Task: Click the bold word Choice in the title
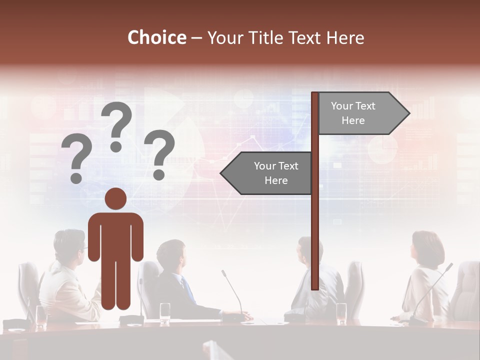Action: [156, 38]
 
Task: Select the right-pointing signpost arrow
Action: [362, 113]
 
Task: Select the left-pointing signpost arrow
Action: [267, 173]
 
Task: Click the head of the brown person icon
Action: [115, 199]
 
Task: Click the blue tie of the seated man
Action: [188, 289]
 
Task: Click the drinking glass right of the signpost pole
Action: [341, 312]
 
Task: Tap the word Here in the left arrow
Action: [276, 180]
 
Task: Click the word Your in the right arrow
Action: [341, 106]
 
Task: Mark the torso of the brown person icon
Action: [115, 235]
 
